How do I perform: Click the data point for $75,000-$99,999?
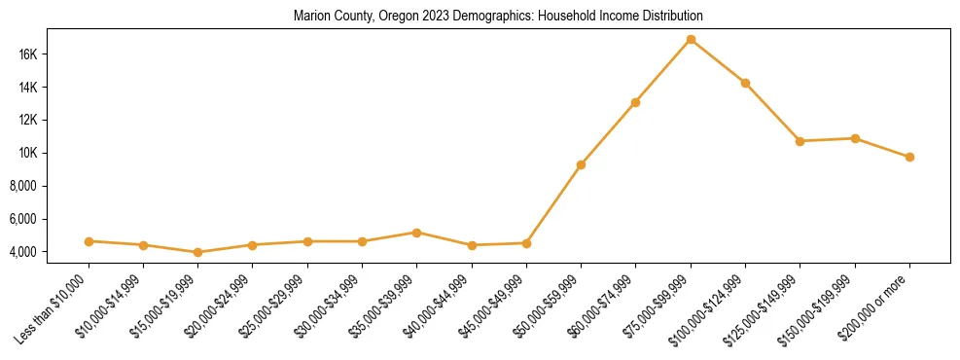pos(691,40)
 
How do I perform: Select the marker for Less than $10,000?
pos(89,241)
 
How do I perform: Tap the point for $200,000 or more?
pos(909,157)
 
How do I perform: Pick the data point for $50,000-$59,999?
pos(581,164)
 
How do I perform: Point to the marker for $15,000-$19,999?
pos(198,252)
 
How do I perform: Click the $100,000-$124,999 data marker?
pos(745,83)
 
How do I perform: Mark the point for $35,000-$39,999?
pos(417,233)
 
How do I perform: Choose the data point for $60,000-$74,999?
pos(635,102)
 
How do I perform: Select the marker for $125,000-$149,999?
pos(800,141)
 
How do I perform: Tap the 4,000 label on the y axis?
pos(51,252)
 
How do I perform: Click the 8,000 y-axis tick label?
pos(51,186)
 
